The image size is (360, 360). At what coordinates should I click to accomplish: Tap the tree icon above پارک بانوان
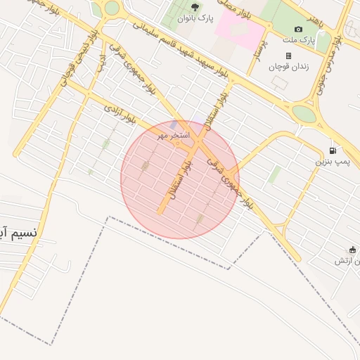click(x=195, y=8)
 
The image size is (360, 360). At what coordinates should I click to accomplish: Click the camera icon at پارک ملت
click(x=298, y=29)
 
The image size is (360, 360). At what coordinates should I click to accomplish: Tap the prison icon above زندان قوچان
click(x=288, y=56)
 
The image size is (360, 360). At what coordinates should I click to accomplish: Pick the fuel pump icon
click(x=332, y=150)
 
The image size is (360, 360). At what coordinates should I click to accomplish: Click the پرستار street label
click(x=257, y=50)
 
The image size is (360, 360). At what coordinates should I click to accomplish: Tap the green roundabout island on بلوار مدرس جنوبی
click(x=304, y=113)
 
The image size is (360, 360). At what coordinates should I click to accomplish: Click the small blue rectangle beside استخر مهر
click(x=173, y=124)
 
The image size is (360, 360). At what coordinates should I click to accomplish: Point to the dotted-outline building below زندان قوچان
click(x=279, y=82)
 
